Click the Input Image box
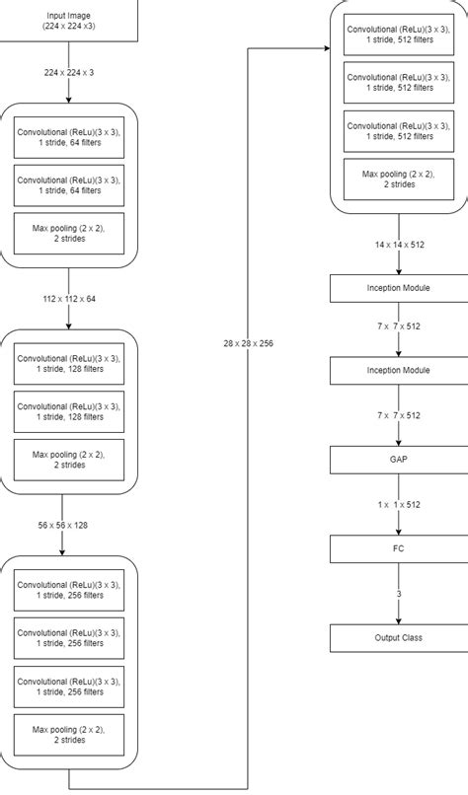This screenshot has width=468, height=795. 69,22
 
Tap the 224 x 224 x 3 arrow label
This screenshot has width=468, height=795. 69,72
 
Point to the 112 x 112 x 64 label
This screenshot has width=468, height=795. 69,298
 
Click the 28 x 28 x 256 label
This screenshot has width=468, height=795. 249,342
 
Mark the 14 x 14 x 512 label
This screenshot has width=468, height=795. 399,244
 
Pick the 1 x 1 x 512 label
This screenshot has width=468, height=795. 399,504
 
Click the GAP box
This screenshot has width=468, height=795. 399,460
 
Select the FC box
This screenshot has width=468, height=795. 399,548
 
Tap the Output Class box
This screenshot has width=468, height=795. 399,637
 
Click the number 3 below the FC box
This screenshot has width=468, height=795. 399,594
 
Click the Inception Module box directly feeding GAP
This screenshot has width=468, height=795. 399,371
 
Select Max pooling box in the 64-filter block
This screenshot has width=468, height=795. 69,233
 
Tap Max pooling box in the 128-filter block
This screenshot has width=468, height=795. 69,460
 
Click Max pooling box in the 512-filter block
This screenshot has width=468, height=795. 399,179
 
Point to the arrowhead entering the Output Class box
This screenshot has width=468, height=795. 399,619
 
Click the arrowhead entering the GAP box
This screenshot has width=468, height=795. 399,442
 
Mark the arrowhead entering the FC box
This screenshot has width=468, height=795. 399,531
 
